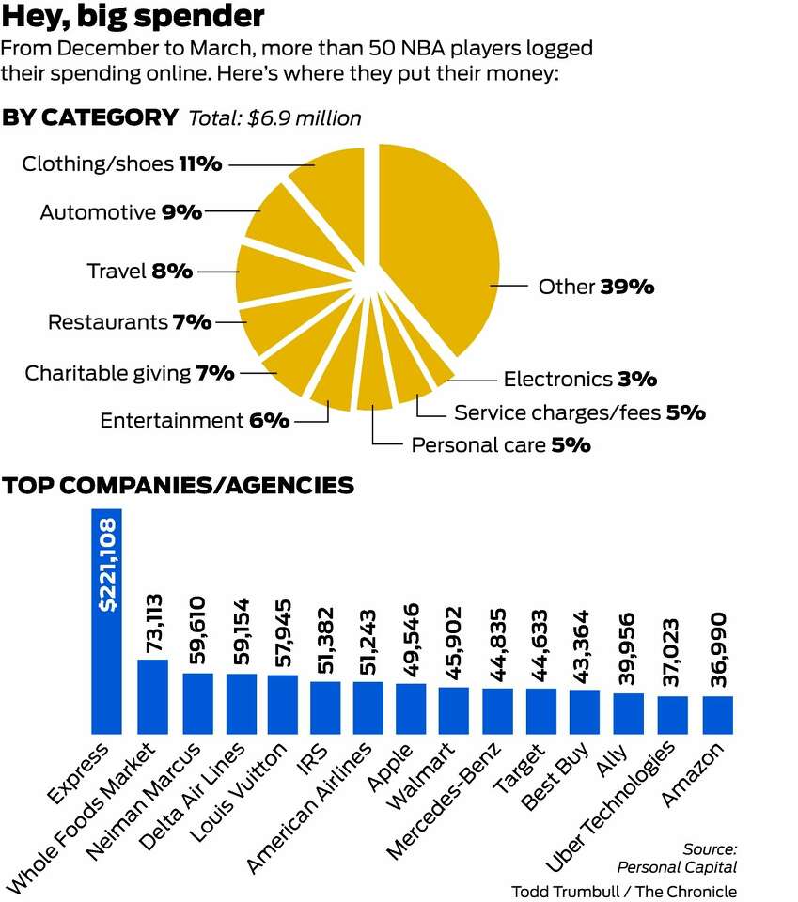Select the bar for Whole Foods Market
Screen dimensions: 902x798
[x=152, y=696]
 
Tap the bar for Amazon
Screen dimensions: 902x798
[x=717, y=714]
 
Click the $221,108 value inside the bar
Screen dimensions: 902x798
[x=107, y=564]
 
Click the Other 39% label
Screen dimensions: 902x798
[x=596, y=287]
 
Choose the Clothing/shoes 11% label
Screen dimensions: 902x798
[x=122, y=164]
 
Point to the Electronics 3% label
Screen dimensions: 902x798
[x=580, y=380]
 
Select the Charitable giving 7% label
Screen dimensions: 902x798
[x=130, y=373]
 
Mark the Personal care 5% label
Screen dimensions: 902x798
[x=501, y=444]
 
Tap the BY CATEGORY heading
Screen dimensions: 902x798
[x=90, y=117]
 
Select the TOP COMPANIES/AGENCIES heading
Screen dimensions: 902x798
[x=179, y=485]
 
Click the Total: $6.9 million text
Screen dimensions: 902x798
[x=275, y=118]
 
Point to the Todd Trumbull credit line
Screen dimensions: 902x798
[x=623, y=891]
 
